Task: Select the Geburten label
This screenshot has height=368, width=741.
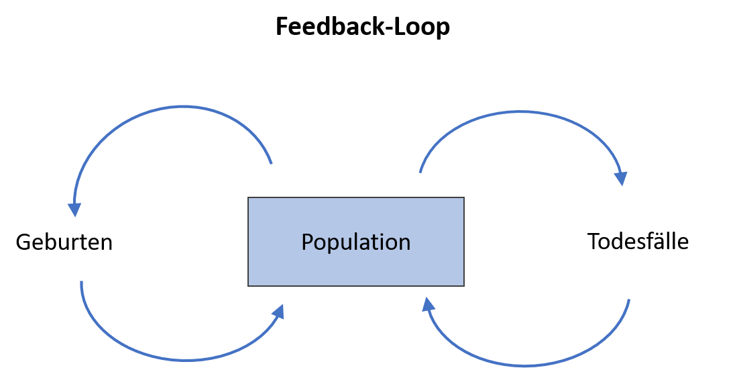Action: click(x=64, y=242)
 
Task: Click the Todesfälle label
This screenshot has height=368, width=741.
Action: click(x=638, y=241)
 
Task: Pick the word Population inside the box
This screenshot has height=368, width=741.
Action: click(x=356, y=242)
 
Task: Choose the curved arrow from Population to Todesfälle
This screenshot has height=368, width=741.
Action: click(x=520, y=113)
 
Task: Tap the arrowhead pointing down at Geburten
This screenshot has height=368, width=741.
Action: click(x=74, y=210)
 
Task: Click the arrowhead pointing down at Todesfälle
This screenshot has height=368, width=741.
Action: click(x=620, y=179)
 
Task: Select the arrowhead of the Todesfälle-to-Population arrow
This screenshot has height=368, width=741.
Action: click(x=428, y=304)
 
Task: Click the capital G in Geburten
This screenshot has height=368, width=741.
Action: click(x=23, y=242)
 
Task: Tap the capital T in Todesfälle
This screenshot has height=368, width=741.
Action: click(x=594, y=241)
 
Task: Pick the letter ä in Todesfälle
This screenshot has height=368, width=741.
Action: click(x=661, y=242)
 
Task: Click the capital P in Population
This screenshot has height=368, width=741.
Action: click(x=307, y=242)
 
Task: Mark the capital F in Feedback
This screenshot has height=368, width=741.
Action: click(x=282, y=26)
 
